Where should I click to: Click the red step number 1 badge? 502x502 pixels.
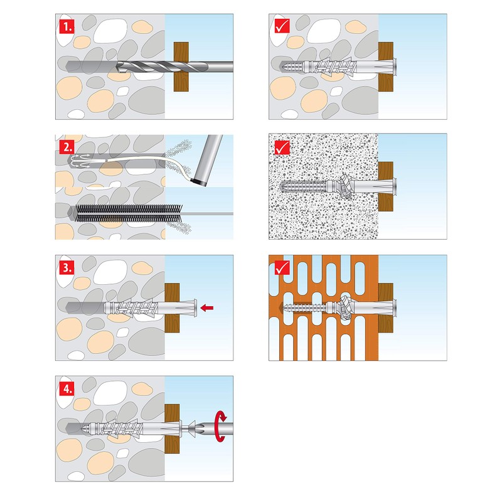[67, 26]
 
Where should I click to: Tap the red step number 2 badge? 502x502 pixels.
[67, 147]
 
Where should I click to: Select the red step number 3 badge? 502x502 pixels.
[67, 267]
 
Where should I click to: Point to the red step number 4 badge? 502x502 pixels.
[67, 388]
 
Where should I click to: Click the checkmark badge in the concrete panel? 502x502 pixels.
[281, 26]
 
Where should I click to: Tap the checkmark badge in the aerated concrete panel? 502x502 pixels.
[281, 147]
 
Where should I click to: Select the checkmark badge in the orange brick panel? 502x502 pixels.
[281, 267]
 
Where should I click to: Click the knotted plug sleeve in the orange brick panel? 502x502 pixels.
[344, 307]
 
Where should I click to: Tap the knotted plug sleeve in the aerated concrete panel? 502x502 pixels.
[344, 186]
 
